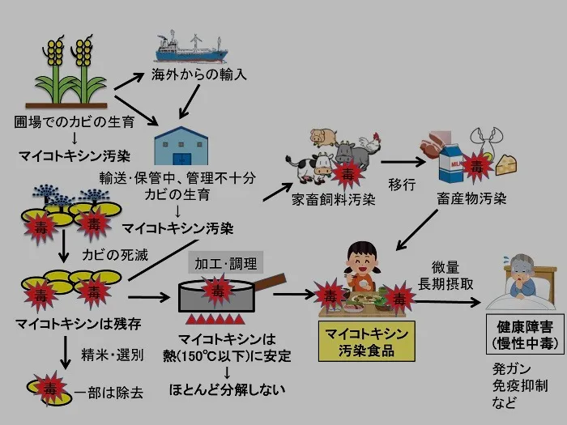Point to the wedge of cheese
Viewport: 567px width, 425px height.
coord(505,164)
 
